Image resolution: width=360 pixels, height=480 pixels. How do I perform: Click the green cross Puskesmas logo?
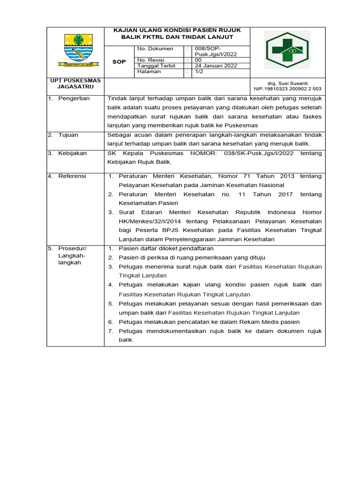(287, 50)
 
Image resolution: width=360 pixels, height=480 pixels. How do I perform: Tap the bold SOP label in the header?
(120, 62)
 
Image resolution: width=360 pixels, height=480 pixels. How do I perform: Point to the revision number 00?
(198, 60)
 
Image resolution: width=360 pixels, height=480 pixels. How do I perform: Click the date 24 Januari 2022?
(216, 66)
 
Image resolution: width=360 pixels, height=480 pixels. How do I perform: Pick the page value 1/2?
(199, 72)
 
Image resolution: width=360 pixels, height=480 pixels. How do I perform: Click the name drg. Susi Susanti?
(288, 83)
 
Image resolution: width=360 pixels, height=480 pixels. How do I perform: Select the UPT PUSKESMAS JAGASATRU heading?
(75, 84)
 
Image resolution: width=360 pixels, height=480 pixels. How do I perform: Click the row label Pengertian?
(74, 98)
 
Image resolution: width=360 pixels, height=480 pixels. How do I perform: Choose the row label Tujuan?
(68, 135)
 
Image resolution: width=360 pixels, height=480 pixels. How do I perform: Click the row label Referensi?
(72, 176)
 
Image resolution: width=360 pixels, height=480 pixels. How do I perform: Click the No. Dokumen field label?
(155, 49)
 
